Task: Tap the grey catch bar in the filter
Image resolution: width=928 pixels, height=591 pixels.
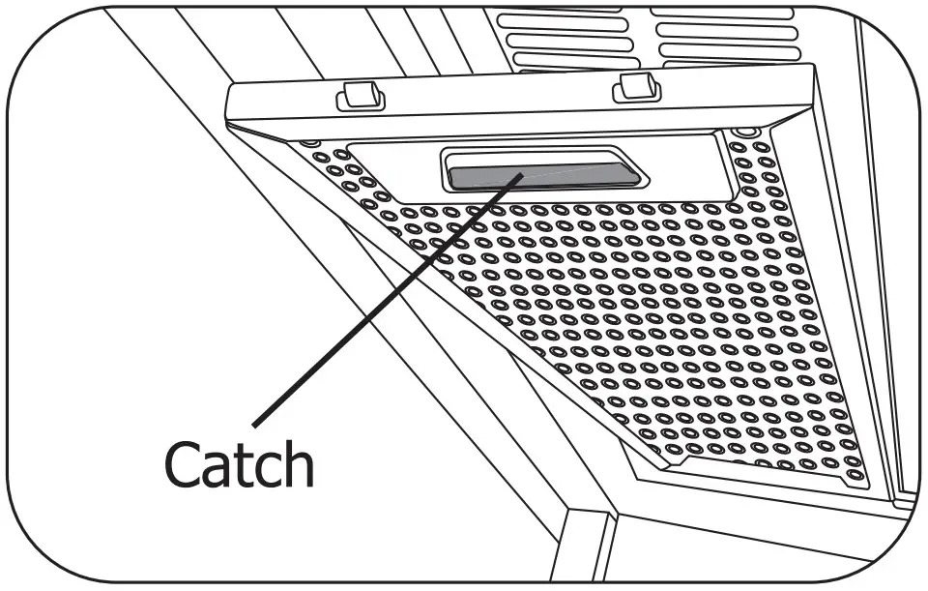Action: [541, 174]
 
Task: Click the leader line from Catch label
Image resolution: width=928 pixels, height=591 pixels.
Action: [387, 300]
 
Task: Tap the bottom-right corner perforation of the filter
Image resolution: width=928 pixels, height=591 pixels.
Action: [856, 476]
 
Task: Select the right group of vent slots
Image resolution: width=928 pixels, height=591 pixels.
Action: [725, 34]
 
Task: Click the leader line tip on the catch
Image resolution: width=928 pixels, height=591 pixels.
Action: [523, 174]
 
